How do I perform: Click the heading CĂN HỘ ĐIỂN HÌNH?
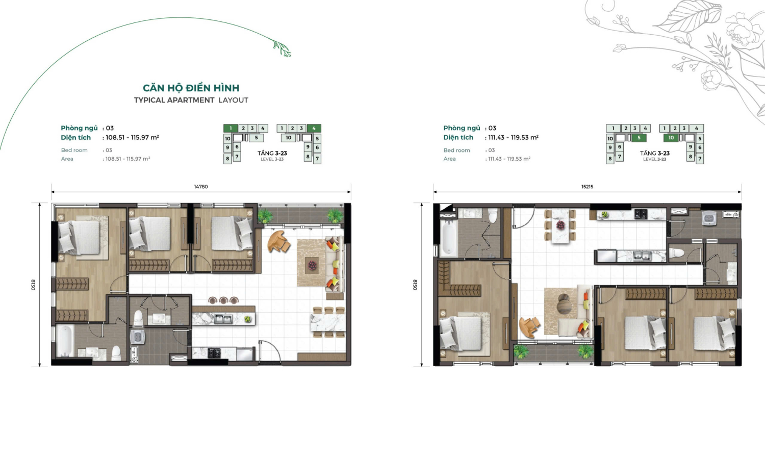click(191, 88)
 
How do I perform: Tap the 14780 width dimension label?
click(201, 187)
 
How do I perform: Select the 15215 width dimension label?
click(587, 187)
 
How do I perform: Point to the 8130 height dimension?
click(34, 285)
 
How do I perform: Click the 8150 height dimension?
click(415, 285)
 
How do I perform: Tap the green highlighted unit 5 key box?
click(639, 138)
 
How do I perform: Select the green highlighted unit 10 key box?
click(671, 138)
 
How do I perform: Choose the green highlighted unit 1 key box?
click(231, 128)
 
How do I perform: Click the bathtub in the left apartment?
click(65, 341)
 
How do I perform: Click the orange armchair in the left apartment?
click(278, 241)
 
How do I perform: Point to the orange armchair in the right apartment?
click(529, 326)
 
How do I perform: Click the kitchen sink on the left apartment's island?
click(223, 319)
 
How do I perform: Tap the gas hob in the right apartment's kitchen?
click(641, 214)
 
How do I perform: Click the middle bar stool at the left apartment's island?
click(223, 300)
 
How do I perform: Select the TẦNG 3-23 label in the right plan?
click(655, 154)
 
